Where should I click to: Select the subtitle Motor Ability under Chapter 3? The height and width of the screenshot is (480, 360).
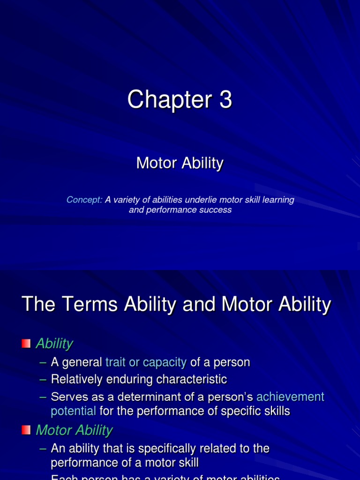(180, 163)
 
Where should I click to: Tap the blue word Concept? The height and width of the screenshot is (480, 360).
(84, 200)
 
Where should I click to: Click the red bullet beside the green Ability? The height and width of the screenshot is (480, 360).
(26, 344)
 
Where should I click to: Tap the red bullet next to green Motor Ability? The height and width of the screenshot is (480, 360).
(26, 430)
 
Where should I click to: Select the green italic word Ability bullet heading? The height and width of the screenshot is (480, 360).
(54, 344)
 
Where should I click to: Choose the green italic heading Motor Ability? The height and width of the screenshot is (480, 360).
(74, 430)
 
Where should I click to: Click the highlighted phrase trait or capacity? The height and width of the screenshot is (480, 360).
(146, 362)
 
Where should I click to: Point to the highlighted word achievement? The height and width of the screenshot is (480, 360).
(290, 397)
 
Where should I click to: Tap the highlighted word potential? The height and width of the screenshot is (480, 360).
(73, 411)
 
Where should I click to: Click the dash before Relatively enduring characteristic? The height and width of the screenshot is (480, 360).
(43, 379)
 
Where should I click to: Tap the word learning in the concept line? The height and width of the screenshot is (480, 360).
(278, 200)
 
